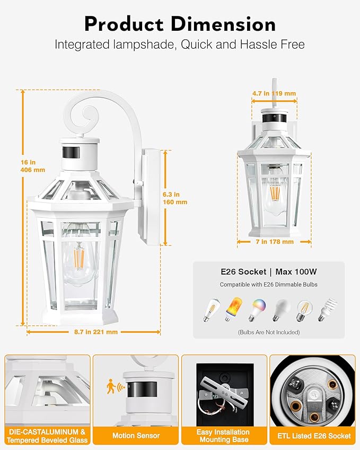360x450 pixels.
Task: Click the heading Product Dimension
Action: [180, 24]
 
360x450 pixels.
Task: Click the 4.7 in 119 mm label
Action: [274, 93]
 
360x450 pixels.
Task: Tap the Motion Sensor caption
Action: [135, 436]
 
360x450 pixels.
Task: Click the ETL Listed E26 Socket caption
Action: [312, 436]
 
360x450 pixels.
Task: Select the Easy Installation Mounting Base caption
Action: [223, 436]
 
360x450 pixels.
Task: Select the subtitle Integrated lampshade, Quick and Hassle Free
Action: [180, 45]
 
